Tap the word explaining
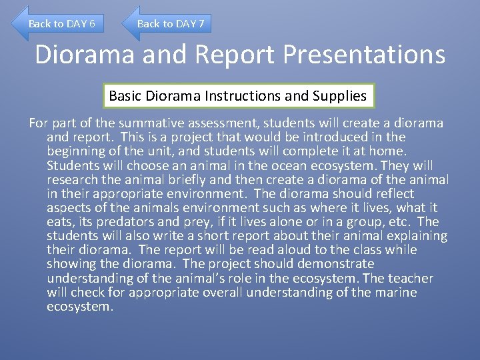coord(417,236)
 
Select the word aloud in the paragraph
coord(271,250)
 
